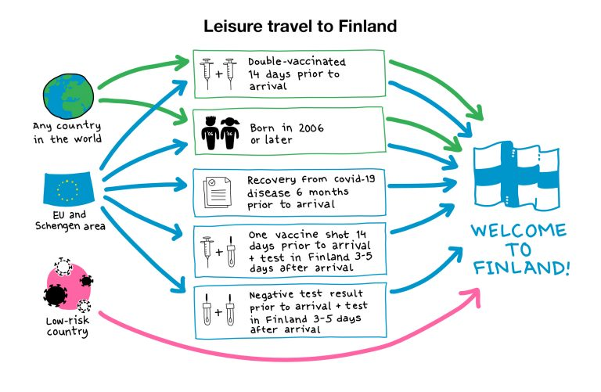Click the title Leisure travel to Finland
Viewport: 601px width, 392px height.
(x=300, y=26)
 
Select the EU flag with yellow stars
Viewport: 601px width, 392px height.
(x=68, y=189)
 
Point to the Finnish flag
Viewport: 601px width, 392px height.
(x=521, y=176)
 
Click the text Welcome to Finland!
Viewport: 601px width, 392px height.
(x=520, y=250)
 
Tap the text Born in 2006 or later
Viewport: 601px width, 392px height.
(x=283, y=133)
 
